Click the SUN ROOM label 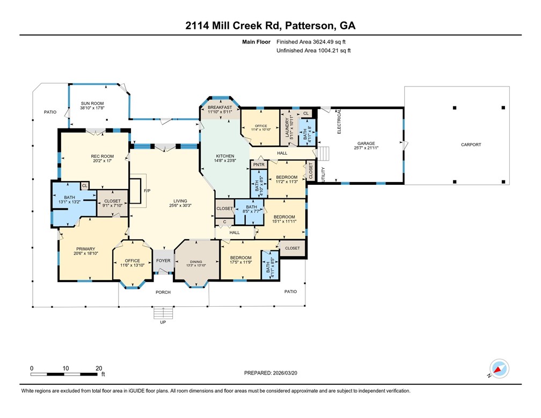coord(92,103)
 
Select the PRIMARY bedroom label coord(85,249)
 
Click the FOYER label coord(163,261)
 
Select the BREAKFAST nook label coord(220,107)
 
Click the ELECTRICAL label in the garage coord(339,121)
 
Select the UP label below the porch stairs coord(163,323)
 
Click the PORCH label coord(163,292)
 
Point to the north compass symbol coord(499,369)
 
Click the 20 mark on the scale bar coord(99,368)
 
